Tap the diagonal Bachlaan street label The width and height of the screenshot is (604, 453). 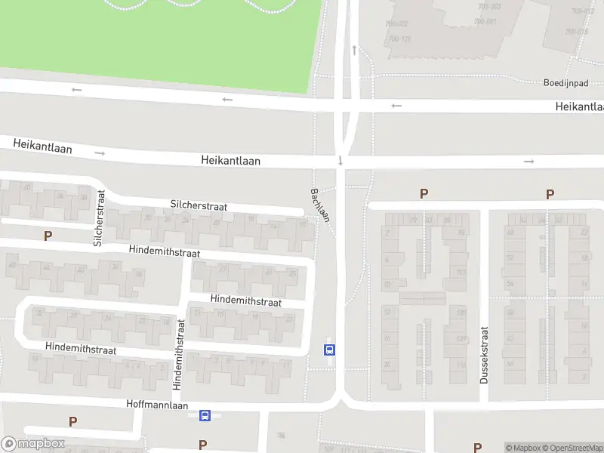319,205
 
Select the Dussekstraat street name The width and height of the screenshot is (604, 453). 485,354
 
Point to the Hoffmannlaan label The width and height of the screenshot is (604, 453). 157,405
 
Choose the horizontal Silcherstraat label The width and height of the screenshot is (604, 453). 199,206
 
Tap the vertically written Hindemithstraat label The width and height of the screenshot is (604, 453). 179,353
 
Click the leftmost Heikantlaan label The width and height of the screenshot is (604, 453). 42,146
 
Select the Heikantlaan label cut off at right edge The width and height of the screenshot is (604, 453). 579,106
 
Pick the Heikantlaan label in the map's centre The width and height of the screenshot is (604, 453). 230,160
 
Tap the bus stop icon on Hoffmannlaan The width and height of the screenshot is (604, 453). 205,415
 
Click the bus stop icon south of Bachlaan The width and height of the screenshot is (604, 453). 330,350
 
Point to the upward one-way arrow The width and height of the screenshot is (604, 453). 353,50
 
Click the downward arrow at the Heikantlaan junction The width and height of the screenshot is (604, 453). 341,160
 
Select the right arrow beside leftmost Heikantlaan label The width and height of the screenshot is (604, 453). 100,153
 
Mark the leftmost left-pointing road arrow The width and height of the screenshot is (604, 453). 76,90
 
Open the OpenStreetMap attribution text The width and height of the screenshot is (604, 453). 575,448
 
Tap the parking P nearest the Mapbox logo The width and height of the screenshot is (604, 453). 72,421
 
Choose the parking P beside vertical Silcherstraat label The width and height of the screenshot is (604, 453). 48,236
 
